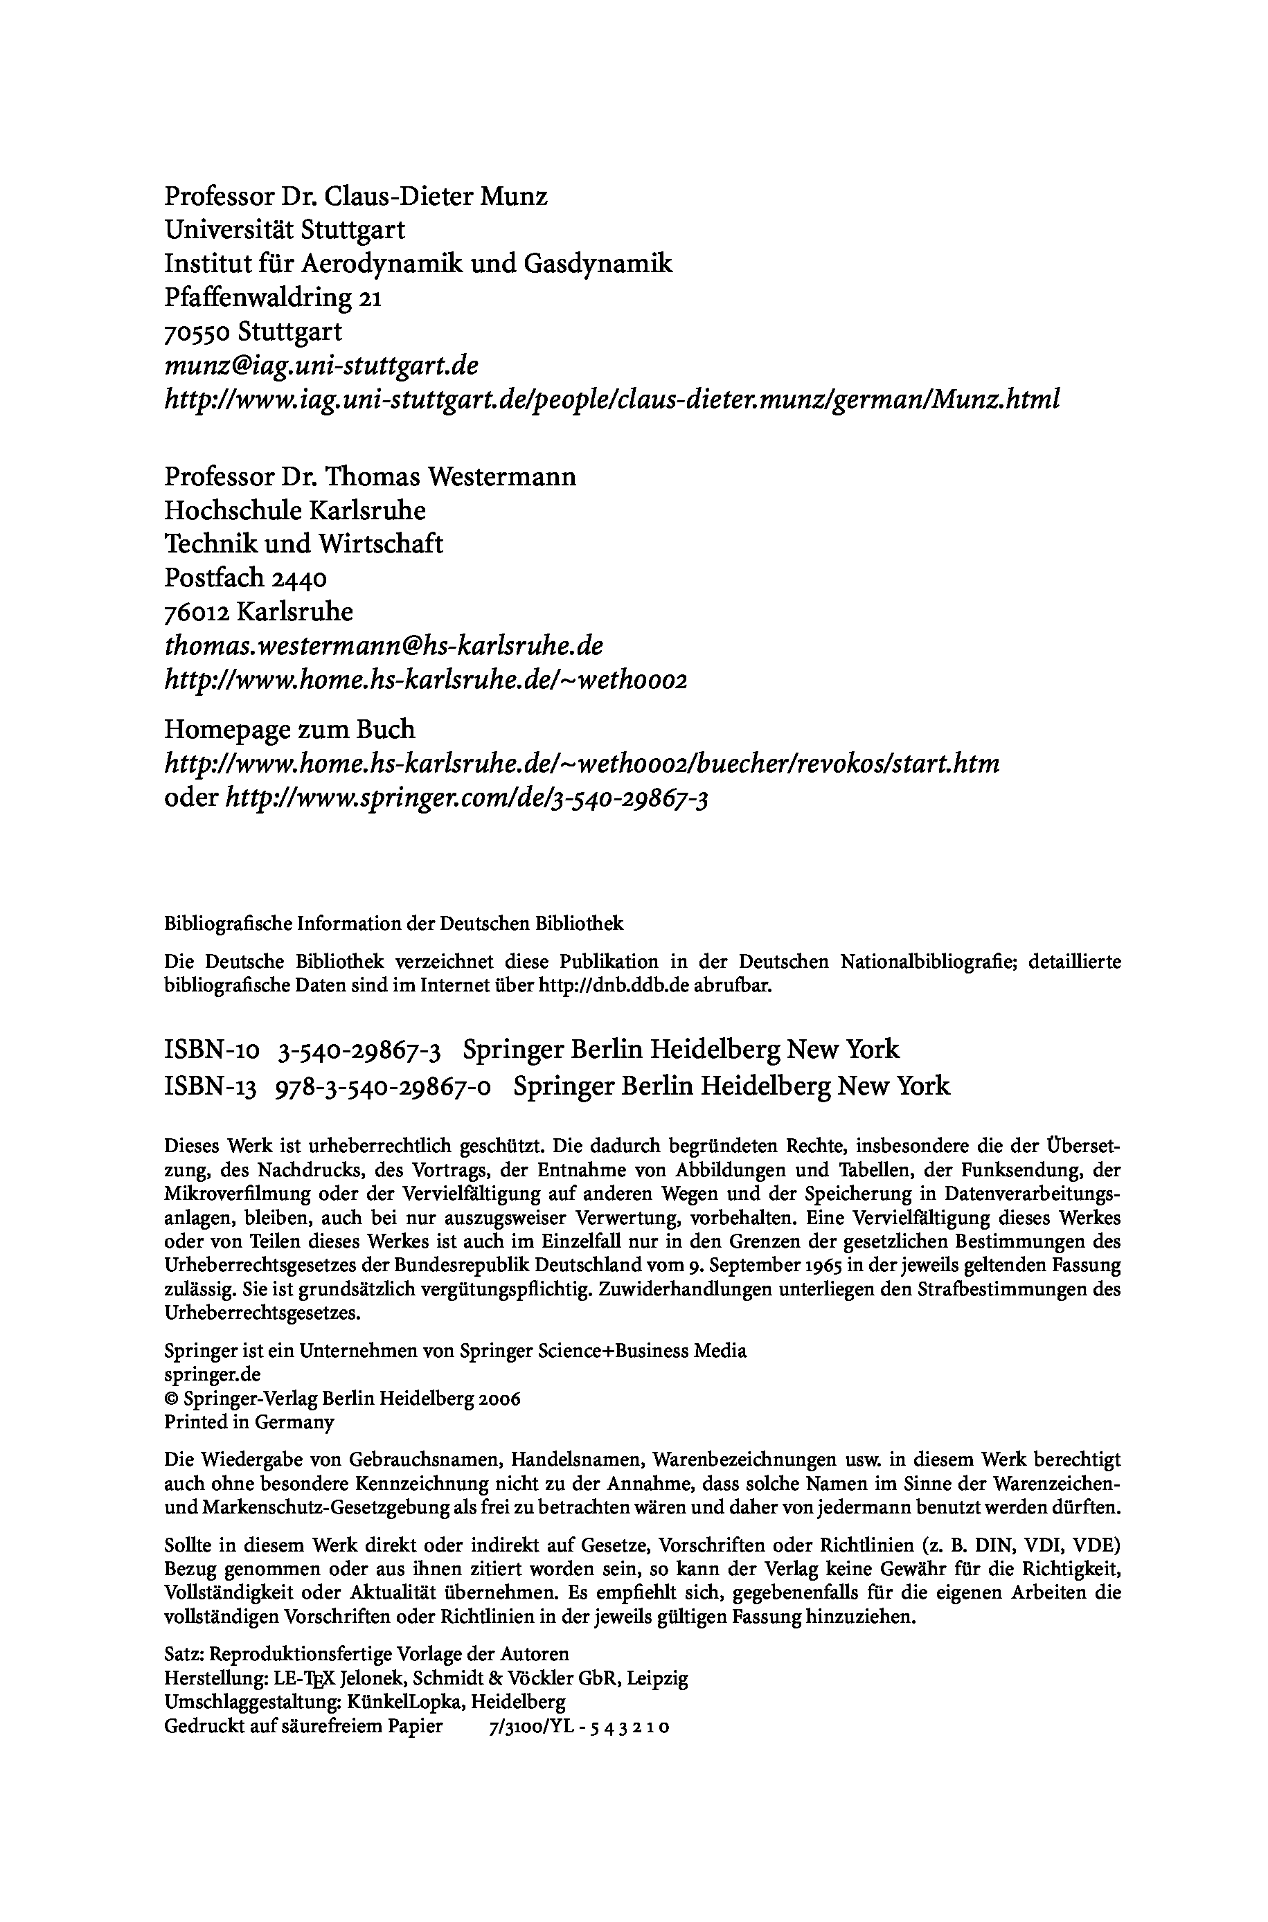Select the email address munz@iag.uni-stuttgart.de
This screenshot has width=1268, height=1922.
click(x=321, y=366)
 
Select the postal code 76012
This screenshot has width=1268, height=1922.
click(x=197, y=613)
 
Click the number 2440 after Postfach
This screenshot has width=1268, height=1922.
click(x=299, y=579)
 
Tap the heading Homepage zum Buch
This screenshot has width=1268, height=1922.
click(x=289, y=730)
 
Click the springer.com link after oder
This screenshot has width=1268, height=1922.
click(x=467, y=800)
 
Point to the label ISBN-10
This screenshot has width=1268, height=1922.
click(x=212, y=1050)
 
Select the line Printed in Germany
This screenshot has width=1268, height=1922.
click(x=249, y=1421)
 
